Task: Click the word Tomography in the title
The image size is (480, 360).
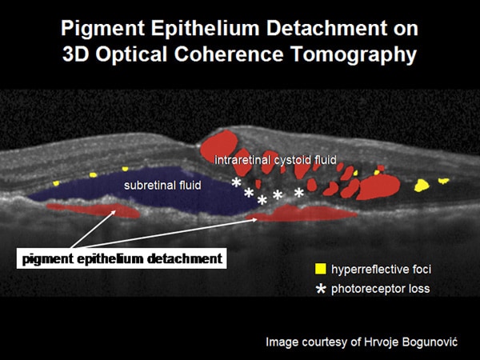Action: (x=354, y=55)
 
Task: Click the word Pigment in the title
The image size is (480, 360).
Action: (x=102, y=29)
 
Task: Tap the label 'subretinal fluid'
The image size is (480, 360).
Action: (x=162, y=186)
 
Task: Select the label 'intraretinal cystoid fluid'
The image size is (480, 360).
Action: (x=275, y=160)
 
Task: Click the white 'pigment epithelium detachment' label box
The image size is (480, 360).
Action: (x=122, y=258)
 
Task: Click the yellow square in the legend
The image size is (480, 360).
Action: (x=321, y=269)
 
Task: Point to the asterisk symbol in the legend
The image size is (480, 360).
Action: (x=321, y=289)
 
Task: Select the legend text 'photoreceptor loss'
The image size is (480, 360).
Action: (x=381, y=289)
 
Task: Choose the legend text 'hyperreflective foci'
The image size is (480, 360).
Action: (x=381, y=270)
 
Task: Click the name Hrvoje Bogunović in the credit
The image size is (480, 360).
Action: (x=410, y=342)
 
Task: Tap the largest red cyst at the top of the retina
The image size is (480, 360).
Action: (x=219, y=144)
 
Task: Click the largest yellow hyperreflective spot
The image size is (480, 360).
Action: (x=422, y=186)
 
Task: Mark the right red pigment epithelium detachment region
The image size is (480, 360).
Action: (x=302, y=214)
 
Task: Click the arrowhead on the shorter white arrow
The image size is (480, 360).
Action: (x=114, y=212)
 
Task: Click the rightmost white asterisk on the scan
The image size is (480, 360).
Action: (x=299, y=193)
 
